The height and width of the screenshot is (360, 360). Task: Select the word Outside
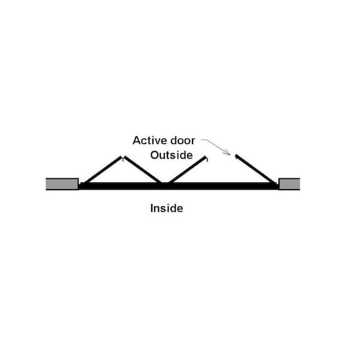tap(172, 155)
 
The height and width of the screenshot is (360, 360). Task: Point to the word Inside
tap(167, 208)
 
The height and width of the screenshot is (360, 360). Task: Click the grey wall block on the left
tap(62, 184)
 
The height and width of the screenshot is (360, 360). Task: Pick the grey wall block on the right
tap(289, 184)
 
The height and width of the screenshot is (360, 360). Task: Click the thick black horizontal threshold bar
tap(179, 186)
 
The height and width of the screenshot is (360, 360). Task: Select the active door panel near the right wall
tap(255, 169)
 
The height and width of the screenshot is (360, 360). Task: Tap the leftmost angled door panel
tap(103, 170)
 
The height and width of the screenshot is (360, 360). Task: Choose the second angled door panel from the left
tap(143, 170)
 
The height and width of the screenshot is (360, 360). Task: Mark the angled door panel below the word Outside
tap(187, 170)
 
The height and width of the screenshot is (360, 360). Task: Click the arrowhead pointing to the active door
tap(228, 152)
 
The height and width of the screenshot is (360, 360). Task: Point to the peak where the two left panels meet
tap(123, 157)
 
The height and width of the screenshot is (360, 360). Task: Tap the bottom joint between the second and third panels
tap(165, 183)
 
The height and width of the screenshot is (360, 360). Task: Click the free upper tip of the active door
tap(236, 155)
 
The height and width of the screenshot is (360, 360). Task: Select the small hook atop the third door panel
tap(206, 159)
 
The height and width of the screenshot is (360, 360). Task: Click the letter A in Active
tap(137, 140)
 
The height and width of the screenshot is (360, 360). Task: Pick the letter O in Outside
tap(155, 155)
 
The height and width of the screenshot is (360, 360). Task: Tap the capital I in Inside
tap(152, 208)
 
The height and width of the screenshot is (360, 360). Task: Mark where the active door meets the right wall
tap(275, 184)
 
